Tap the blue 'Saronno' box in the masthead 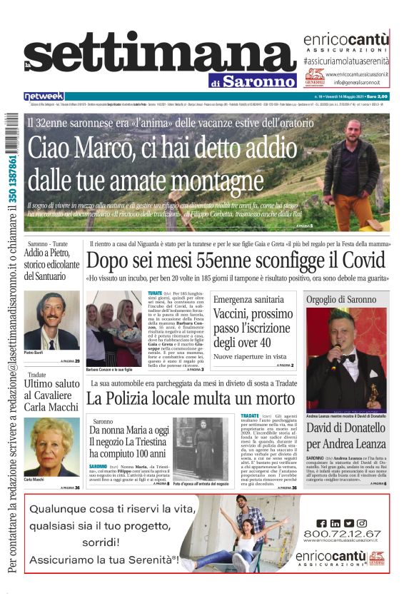[x=258, y=81]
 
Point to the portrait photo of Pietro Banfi [x=51, y=320]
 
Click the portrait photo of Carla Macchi [x=51, y=448]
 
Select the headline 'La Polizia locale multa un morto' [x=182, y=398]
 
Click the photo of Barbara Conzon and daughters [x=114, y=329]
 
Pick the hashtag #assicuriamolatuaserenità [x=345, y=62]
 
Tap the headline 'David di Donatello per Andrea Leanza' [x=346, y=435]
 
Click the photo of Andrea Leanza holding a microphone [x=346, y=360]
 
